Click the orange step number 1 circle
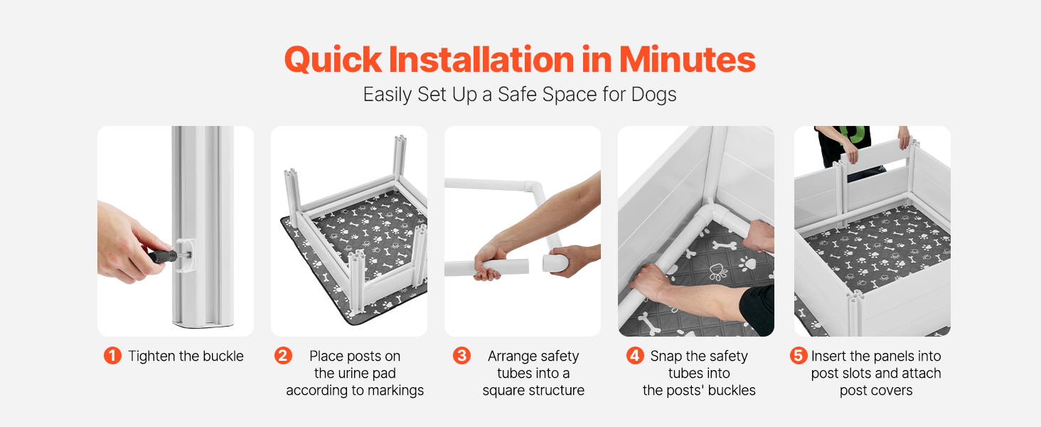[112, 356]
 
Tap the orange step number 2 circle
[283, 356]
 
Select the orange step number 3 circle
[461, 356]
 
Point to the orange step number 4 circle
[635, 356]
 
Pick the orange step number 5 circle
[798, 356]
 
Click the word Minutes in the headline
[687, 60]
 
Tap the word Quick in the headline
[333, 60]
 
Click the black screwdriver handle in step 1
[163, 255]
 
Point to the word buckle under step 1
[223, 356]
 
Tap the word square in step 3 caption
[503, 390]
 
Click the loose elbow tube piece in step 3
[556, 262]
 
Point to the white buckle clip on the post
[186, 254]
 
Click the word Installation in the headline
[481, 60]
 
